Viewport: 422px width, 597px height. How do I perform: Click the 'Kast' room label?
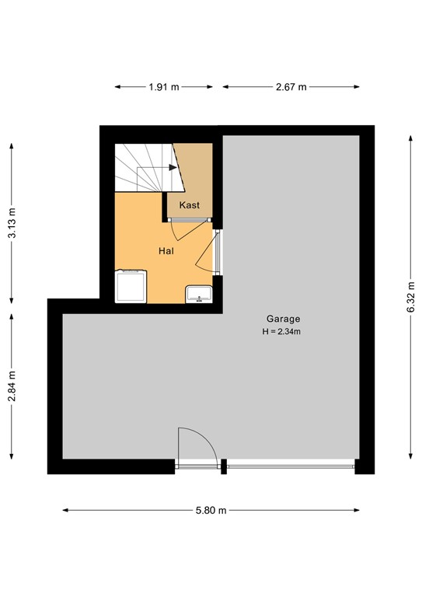coord(190,205)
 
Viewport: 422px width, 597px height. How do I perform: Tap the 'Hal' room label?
coord(166,251)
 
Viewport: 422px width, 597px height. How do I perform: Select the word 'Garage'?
coord(283,319)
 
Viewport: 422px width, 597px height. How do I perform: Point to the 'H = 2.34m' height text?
coord(281,332)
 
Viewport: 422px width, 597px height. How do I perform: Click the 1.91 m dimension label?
coord(164,87)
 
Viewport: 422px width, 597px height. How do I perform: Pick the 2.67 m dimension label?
coord(291,87)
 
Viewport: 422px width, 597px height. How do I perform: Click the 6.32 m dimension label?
coord(410,295)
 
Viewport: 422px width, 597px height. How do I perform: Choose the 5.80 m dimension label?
coord(211,511)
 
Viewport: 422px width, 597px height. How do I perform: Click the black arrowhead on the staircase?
coord(172,167)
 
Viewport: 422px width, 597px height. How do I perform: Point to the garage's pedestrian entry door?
coord(196,449)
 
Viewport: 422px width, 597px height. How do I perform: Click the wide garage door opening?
coord(291,466)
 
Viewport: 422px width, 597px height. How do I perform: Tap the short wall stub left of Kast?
coord(165,207)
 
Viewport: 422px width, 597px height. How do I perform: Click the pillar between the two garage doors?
coord(224,466)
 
